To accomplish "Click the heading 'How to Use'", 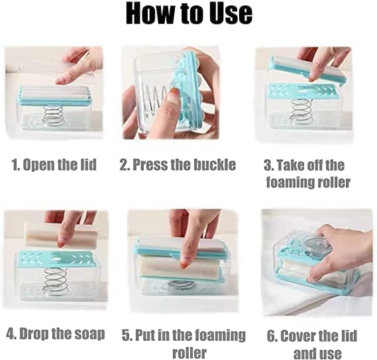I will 188,14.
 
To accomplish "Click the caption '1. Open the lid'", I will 54,165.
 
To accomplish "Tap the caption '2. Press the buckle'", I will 178,165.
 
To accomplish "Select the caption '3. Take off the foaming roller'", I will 304,174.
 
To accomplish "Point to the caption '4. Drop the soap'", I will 56,333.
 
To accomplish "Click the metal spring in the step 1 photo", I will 52,115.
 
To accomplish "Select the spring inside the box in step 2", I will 154,99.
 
